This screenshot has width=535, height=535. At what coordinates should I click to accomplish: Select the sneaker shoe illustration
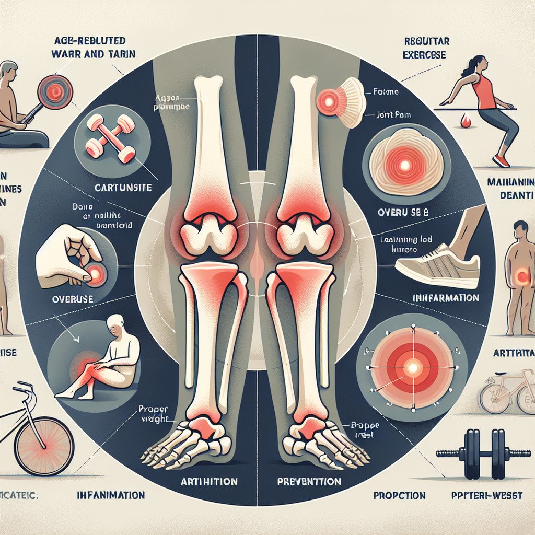(437, 266)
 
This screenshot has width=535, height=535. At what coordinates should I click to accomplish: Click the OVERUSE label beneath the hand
(59, 300)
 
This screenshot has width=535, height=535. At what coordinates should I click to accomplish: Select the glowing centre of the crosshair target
(412, 368)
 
